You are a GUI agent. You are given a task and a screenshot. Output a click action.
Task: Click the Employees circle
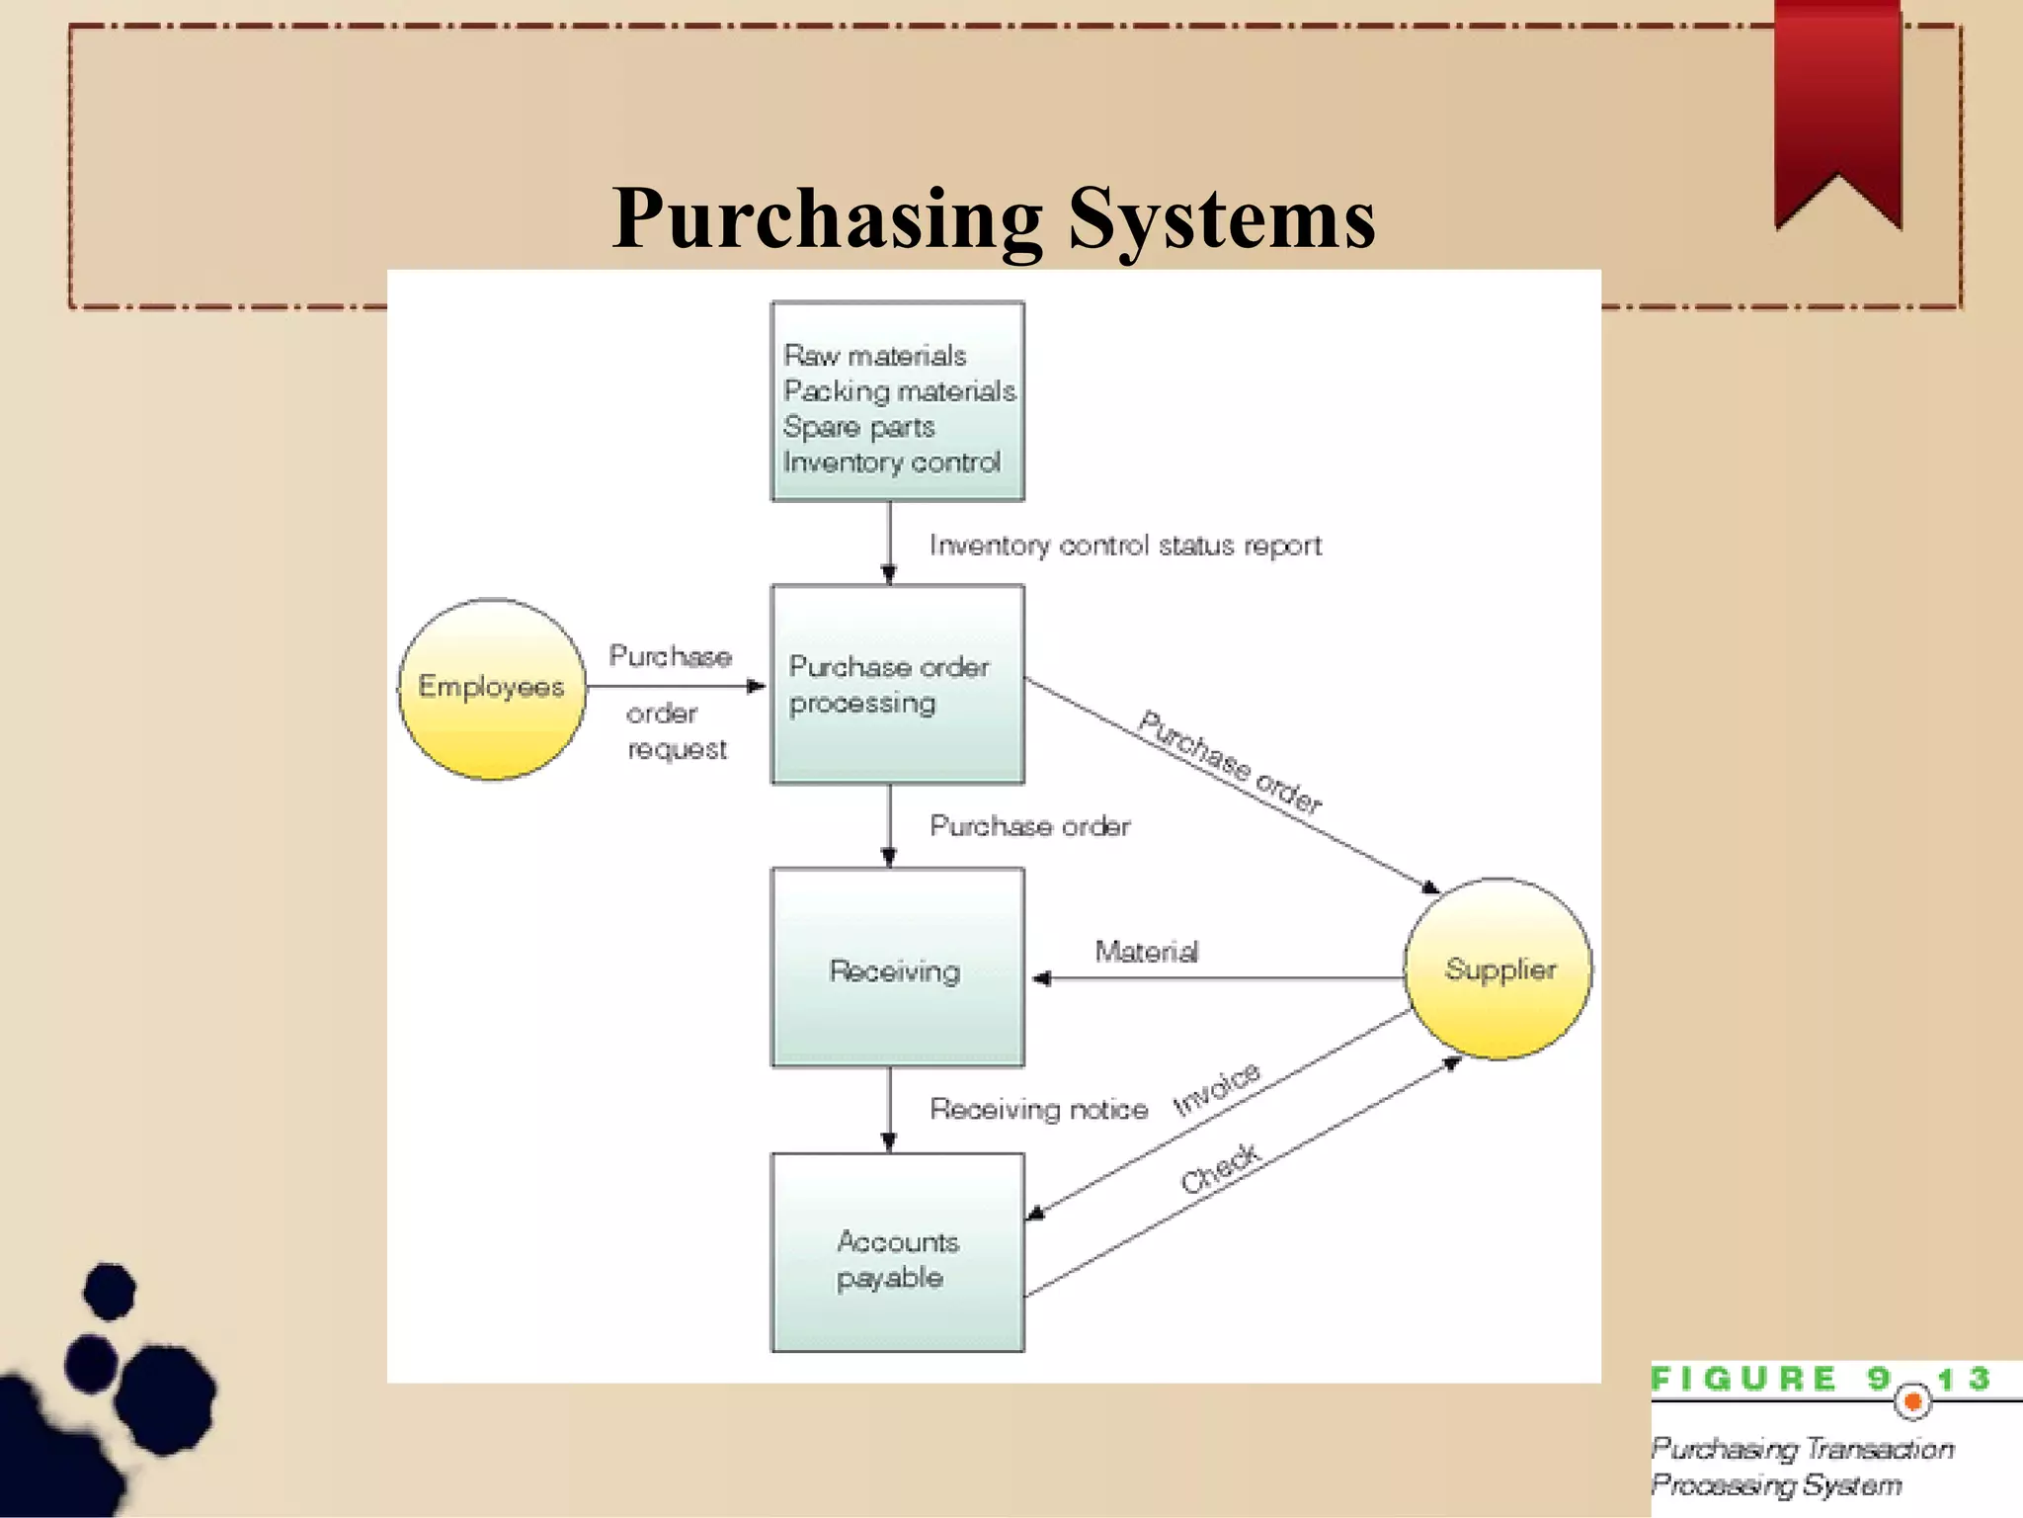point(492,689)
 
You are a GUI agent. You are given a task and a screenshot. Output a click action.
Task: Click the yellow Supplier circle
point(1497,969)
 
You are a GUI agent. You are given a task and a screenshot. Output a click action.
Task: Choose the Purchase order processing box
point(897,685)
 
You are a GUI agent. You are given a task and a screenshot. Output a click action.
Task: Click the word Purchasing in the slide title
point(828,219)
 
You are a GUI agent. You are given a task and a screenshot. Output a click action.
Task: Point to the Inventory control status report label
point(1124,546)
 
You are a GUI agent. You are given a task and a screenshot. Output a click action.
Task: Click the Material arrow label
point(1146,952)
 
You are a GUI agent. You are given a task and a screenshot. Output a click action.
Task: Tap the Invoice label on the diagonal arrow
point(1216,1089)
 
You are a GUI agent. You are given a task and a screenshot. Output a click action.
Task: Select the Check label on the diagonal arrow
point(1221,1168)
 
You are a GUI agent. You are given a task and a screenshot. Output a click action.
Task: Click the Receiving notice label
point(1038,1110)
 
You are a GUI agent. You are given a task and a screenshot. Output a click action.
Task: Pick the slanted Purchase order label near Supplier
point(1230,761)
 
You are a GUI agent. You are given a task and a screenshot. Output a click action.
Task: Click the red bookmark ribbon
point(1837,109)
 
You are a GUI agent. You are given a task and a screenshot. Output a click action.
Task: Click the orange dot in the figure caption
point(1912,1401)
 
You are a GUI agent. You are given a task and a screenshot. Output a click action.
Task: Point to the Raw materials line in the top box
point(874,356)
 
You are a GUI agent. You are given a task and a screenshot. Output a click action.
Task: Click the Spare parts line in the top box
point(858,427)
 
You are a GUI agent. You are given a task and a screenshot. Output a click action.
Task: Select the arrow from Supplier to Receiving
point(1215,978)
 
